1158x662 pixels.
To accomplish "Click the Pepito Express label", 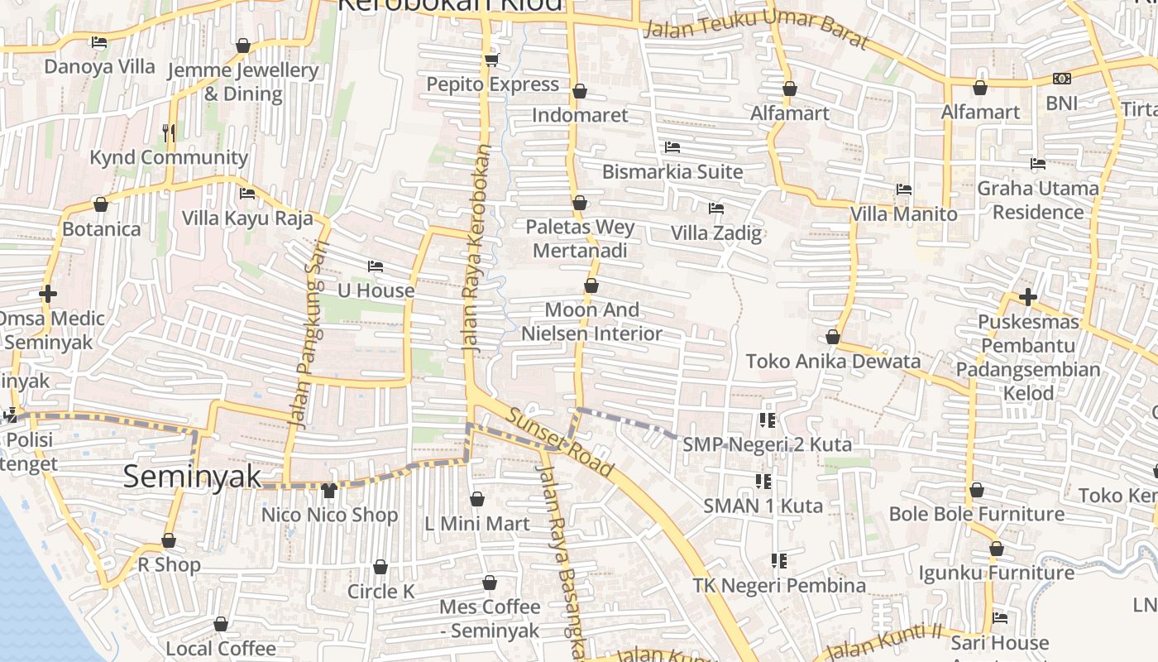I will tap(492, 84).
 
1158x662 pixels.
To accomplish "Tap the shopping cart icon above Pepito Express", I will tap(492, 60).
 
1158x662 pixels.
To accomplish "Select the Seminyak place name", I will tap(192, 477).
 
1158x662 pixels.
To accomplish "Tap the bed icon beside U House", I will tap(376, 266).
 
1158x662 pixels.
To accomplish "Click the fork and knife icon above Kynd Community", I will tap(169, 132).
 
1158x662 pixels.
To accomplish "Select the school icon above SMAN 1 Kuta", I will tap(763, 481).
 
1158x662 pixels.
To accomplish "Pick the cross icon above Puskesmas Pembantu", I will tap(1028, 296).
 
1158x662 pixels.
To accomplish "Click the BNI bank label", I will tap(1062, 103).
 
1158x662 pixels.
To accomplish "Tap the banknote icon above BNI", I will tap(1062, 79).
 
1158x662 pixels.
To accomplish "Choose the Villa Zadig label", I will tap(716, 233).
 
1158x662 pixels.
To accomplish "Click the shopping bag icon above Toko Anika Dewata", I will tap(833, 338).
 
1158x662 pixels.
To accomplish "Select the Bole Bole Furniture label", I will tap(977, 514).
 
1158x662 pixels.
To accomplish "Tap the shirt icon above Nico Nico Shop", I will tap(329, 491).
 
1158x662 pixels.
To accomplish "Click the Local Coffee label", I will tap(221, 648).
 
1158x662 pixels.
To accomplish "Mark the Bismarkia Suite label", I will tap(672, 172).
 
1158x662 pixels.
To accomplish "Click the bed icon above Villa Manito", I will tap(904, 189).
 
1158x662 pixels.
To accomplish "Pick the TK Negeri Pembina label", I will tap(779, 586).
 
